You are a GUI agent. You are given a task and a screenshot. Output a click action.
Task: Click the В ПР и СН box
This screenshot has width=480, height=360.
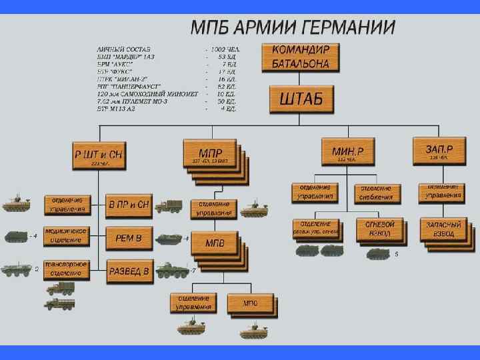pos(129,205)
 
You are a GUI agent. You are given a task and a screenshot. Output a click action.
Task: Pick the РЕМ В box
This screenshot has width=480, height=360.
pos(129,237)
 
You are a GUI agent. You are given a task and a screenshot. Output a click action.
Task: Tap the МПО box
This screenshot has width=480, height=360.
pos(250,304)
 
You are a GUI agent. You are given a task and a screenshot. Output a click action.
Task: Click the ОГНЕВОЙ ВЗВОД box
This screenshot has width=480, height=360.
pos(379,229)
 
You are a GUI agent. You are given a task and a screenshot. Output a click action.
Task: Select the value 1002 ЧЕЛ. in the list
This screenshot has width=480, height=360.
pos(226,49)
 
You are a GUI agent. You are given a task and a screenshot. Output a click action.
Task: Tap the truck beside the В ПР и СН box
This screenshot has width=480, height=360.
pos(169,206)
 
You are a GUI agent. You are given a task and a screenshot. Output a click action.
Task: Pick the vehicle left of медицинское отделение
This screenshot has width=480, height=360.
pos(17,237)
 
